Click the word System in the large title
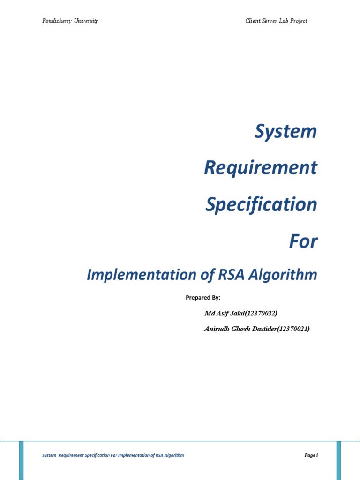[x=285, y=132]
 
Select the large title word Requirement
[x=261, y=168]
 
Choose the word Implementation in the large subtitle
[x=136, y=275]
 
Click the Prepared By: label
[x=203, y=298]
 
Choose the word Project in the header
[x=298, y=21]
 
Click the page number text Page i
[x=311, y=455]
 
